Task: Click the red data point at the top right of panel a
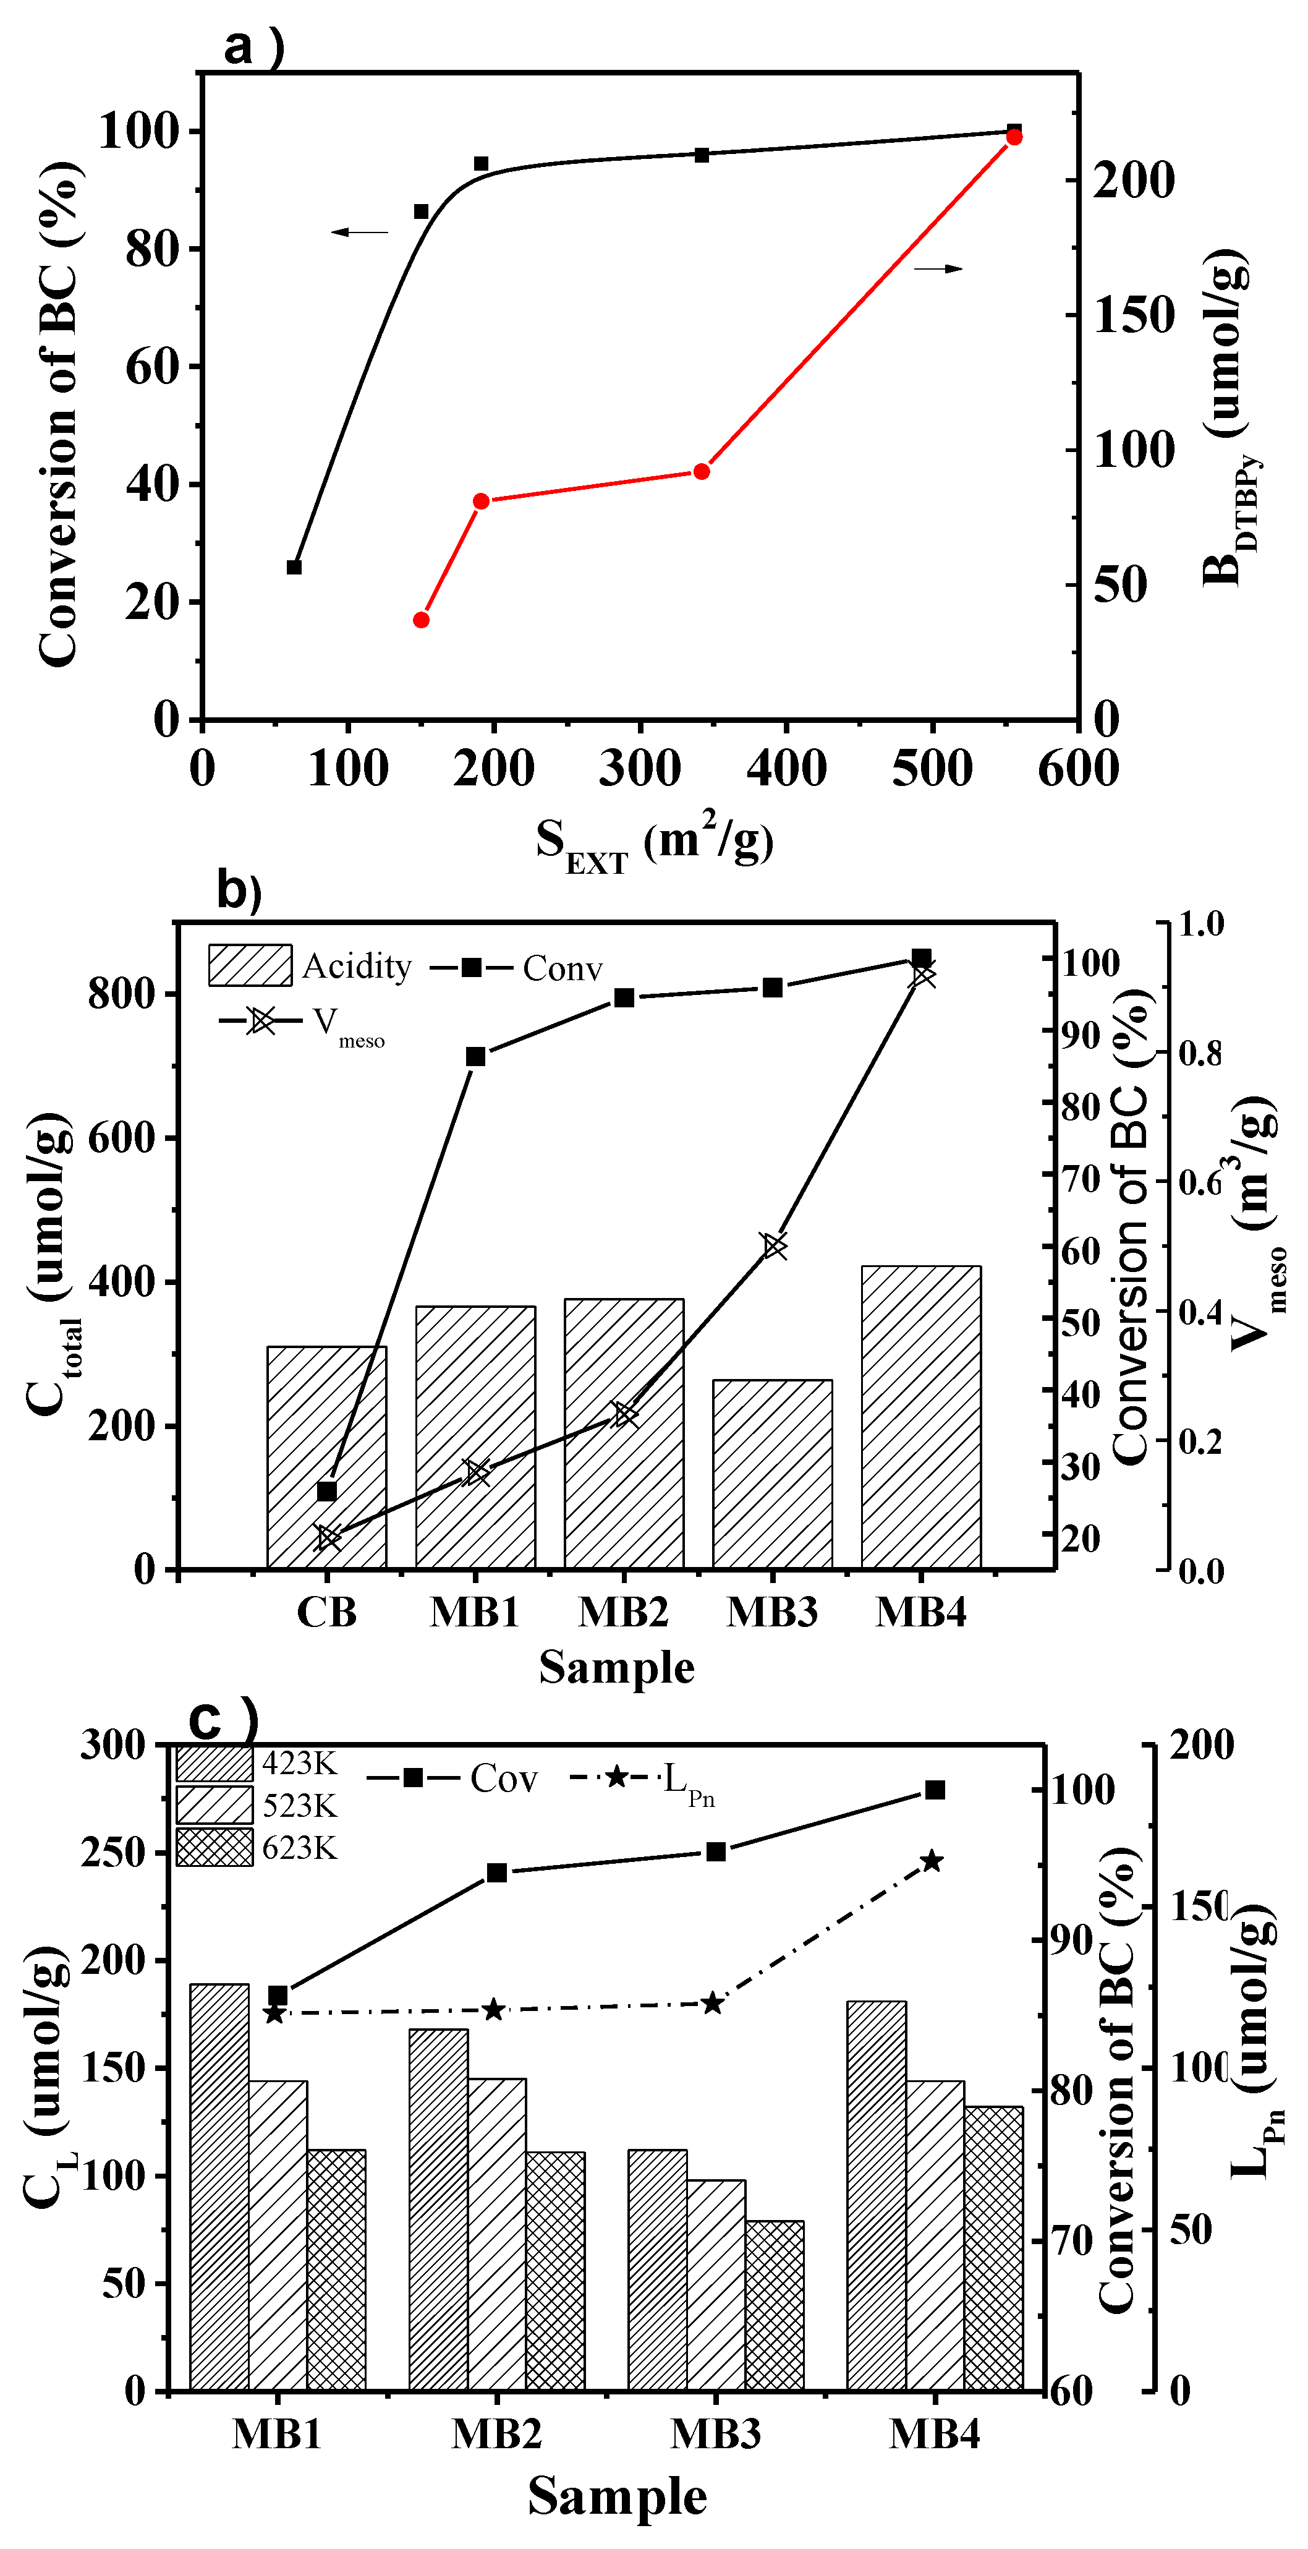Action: (1014, 137)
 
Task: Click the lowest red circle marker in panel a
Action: (422, 620)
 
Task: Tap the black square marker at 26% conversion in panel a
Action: (294, 567)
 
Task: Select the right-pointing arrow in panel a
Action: (938, 268)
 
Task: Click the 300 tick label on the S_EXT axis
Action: (640, 769)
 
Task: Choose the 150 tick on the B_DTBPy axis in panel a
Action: (1134, 315)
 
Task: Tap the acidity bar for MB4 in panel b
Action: (920, 1415)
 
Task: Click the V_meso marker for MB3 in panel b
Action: (774, 1246)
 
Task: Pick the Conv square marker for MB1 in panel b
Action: (476, 1057)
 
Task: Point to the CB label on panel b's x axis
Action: (326, 1612)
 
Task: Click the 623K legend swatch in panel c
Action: (214, 1847)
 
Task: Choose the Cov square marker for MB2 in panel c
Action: (497, 1872)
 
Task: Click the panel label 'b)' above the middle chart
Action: (239, 890)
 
